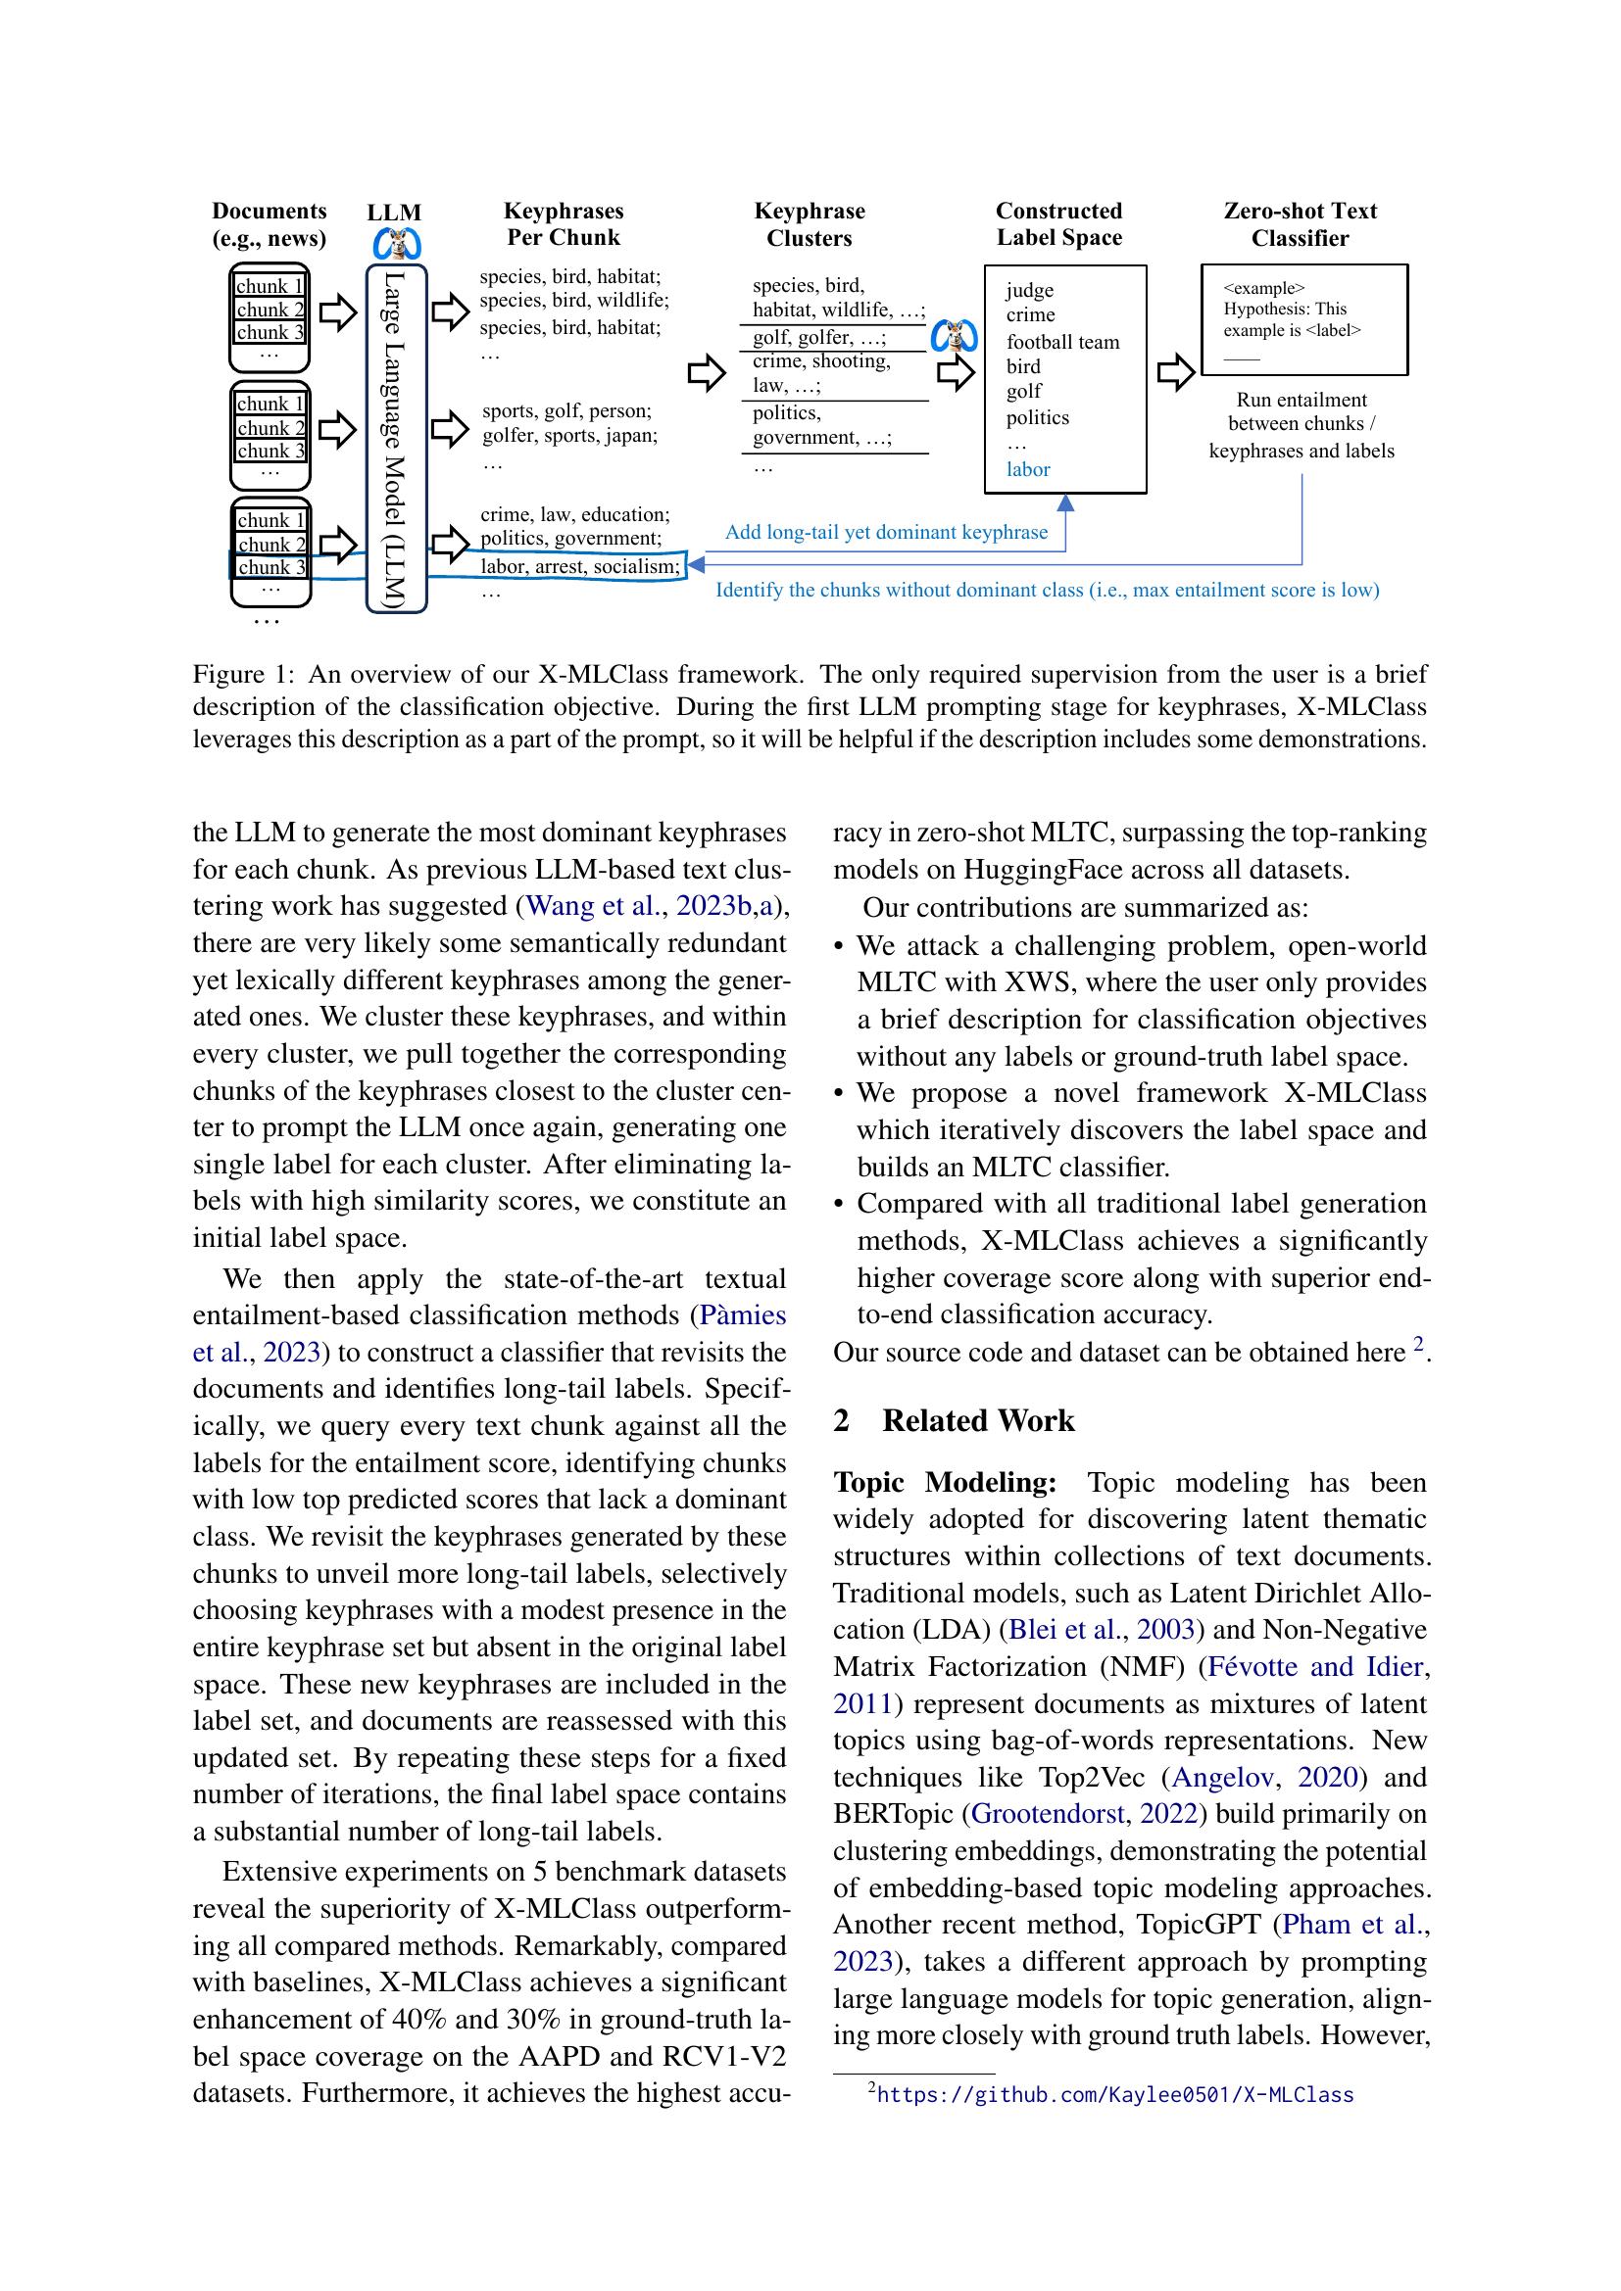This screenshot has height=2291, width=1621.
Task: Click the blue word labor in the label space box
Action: [1027, 469]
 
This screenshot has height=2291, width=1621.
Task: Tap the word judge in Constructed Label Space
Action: [1029, 289]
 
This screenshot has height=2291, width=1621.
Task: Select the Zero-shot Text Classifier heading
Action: [1300, 224]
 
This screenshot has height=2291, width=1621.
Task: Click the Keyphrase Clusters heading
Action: [809, 224]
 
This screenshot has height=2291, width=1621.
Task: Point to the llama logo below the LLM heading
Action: [396, 244]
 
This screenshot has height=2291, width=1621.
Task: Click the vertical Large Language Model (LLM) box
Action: [396, 439]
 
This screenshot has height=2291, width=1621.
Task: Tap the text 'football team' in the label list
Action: [1062, 342]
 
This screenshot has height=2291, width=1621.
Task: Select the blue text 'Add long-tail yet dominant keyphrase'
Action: [885, 532]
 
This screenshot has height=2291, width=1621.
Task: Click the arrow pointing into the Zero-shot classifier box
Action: [1175, 373]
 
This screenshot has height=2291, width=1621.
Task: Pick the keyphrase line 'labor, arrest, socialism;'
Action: [580, 567]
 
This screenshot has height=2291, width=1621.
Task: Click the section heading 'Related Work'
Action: [977, 1420]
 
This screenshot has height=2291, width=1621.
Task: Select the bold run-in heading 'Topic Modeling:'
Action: [944, 1483]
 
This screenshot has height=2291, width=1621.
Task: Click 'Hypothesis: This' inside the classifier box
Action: [1285, 310]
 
